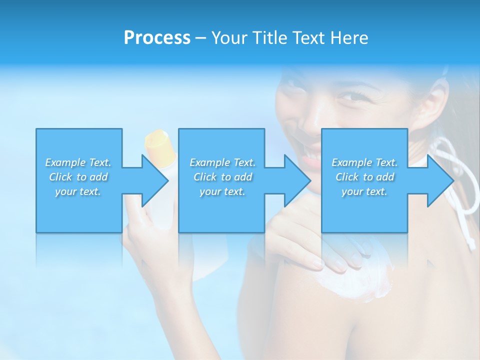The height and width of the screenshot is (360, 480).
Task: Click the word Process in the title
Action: pos(157,38)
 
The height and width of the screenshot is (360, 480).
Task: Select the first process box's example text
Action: pos(78,177)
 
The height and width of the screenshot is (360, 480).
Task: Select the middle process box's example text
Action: pos(222,177)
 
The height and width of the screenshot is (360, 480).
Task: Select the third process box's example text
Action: pos(364,177)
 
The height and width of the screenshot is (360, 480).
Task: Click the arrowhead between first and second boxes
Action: pos(155,180)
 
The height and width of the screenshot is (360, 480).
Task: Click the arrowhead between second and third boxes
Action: pos(298,180)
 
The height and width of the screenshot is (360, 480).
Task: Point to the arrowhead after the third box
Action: pos(440,180)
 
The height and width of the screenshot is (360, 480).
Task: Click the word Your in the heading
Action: pos(230,38)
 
